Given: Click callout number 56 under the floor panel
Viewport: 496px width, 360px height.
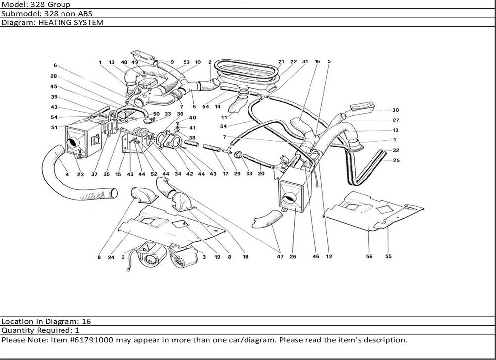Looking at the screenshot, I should pyautogui.click(x=369, y=257).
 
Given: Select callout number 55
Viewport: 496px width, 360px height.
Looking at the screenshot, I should pyautogui.click(x=388, y=257).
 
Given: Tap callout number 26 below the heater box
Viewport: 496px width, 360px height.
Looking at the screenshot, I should pyautogui.click(x=293, y=257).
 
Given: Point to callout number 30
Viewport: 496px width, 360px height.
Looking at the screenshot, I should pyautogui.click(x=395, y=110).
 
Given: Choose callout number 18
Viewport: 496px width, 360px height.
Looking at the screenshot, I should pyautogui.click(x=245, y=257).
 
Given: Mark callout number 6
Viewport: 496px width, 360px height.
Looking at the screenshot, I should pyautogui.click(x=55, y=65).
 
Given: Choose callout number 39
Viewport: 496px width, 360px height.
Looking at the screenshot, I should pyautogui.click(x=54, y=97).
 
